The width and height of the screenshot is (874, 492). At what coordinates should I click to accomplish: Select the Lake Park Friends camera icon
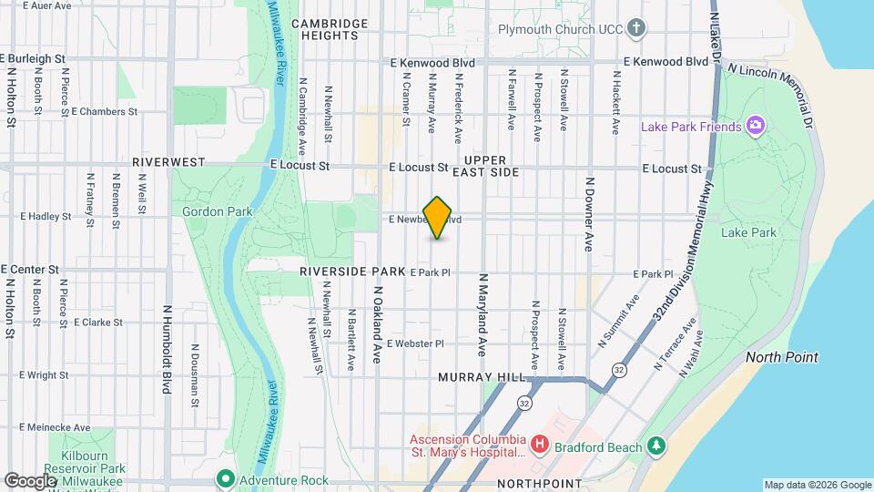point(754,126)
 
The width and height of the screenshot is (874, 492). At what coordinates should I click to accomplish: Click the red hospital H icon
point(540,445)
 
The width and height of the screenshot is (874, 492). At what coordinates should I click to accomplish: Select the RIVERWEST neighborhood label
point(168,161)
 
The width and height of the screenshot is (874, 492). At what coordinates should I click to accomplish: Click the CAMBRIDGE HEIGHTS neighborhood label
point(329,29)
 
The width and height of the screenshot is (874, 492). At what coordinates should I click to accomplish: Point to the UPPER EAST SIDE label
point(496,165)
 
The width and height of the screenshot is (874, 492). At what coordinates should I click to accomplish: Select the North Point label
point(781,357)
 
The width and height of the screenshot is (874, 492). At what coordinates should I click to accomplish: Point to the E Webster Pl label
point(414,343)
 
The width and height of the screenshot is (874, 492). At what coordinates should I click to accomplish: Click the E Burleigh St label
point(35,57)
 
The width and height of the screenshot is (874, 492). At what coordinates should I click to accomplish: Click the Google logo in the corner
point(30,480)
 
